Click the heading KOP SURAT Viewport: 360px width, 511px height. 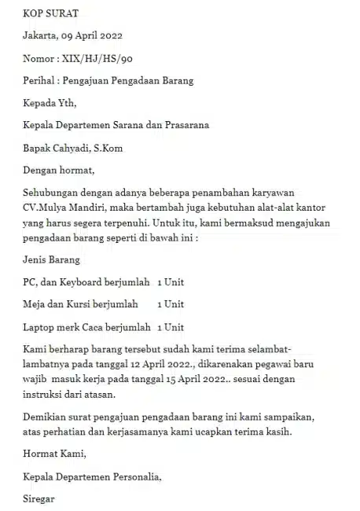pyautogui.click(x=51, y=13)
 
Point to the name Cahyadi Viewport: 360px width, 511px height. pyautogui.click(x=75, y=147)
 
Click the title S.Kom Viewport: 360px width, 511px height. pyautogui.click(x=110, y=147)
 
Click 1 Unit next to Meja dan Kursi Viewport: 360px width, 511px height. pyautogui.click(x=171, y=303)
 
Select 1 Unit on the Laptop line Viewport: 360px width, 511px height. pyautogui.click(x=171, y=325)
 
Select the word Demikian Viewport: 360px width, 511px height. pyautogui.click(x=46, y=417)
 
